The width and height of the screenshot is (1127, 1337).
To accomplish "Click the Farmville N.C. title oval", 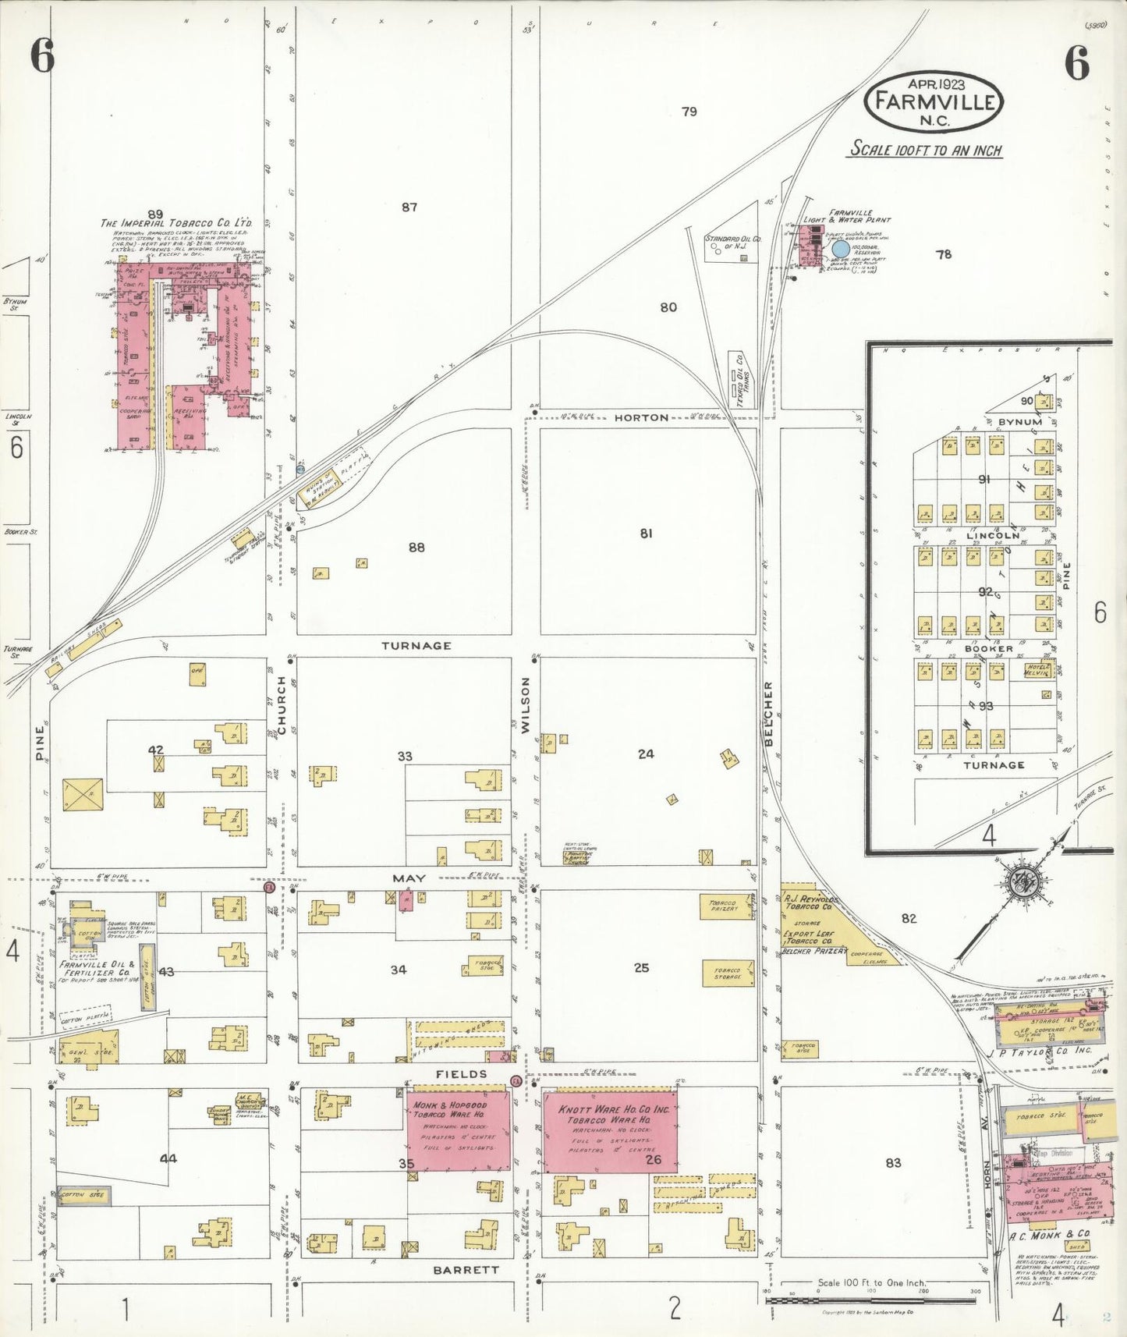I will click(934, 102).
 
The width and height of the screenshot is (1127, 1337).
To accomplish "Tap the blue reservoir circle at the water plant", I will click(840, 249).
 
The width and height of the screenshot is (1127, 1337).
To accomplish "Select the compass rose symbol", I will click(1019, 883).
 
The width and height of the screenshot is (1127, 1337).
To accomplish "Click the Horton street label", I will click(641, 418).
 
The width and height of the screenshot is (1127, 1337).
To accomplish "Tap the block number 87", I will click(409, 207).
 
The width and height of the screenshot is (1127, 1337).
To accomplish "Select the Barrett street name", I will click(466, 1270).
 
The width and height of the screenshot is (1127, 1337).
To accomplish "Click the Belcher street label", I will click(768, 714).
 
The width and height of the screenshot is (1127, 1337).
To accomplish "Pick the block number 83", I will click(893, 1162).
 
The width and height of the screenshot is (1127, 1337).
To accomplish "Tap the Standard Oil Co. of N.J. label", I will click(733, 243).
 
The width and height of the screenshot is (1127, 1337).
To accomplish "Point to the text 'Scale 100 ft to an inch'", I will click(926, 149).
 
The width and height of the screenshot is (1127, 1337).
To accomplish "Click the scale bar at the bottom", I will click(872, 1300).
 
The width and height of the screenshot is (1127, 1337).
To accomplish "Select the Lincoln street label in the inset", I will click(993, 536).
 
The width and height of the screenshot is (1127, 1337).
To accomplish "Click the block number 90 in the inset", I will click(1026, 401).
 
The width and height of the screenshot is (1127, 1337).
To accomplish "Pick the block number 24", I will click(646, 754).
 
